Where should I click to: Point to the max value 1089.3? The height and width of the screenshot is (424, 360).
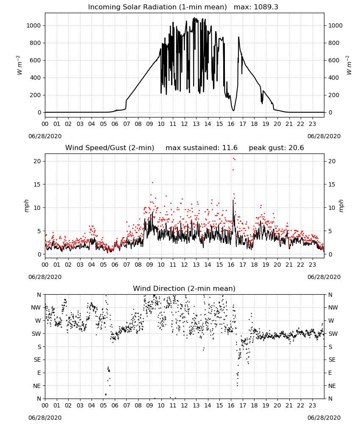click(x=266, y=7)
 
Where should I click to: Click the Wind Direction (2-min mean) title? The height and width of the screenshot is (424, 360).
click(x=184, y=288)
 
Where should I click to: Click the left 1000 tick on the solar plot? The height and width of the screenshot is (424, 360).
click(x=33, y=25)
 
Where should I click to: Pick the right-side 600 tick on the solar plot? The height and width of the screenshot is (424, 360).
click(x=334, y=60)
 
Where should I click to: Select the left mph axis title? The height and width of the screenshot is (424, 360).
click(x=26, y=206)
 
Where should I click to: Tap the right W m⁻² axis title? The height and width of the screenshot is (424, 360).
click(x=349, y=65)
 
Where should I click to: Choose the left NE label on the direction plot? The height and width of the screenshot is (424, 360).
click(x=37, y=386)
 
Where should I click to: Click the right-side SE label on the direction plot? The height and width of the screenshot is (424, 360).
click(x=332, y=360)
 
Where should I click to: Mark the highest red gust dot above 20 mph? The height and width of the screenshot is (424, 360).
click(x=233, y=159)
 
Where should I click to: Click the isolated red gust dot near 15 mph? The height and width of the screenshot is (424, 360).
click(x=152, y=182)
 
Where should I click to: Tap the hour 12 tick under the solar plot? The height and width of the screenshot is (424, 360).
click(x=184, y=124)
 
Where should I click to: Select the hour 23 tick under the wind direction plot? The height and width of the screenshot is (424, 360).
click(x=312, y=405)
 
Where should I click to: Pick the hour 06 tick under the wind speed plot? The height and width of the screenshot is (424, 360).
click(x=115, y=265)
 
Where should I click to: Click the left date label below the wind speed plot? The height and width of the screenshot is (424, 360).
click(x=45, y=277)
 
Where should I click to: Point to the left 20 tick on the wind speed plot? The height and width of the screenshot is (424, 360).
click(x=37, y=161)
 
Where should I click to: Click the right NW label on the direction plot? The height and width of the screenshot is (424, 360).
click(x=333, y=307)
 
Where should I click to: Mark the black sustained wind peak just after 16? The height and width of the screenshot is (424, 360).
click(x=233, y=200)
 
